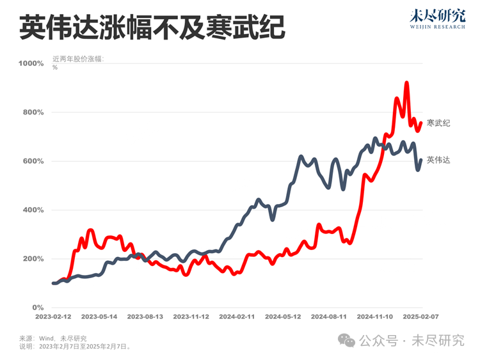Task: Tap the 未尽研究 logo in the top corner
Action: (438, 20)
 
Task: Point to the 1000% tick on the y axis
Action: (31, 64)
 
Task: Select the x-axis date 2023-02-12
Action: (53, 317)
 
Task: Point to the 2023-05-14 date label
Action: (99, 317)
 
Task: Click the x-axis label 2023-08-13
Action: (145, 317)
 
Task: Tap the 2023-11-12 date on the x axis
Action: (191, 317)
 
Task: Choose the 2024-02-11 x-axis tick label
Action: (237, 317)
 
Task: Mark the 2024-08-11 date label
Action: (330, 317)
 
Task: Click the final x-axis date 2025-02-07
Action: (420, 317)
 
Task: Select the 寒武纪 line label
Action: (438, 123)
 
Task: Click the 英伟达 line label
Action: (438, 160)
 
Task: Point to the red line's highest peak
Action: (406, 82)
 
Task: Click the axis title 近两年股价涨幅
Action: (78, 59)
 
